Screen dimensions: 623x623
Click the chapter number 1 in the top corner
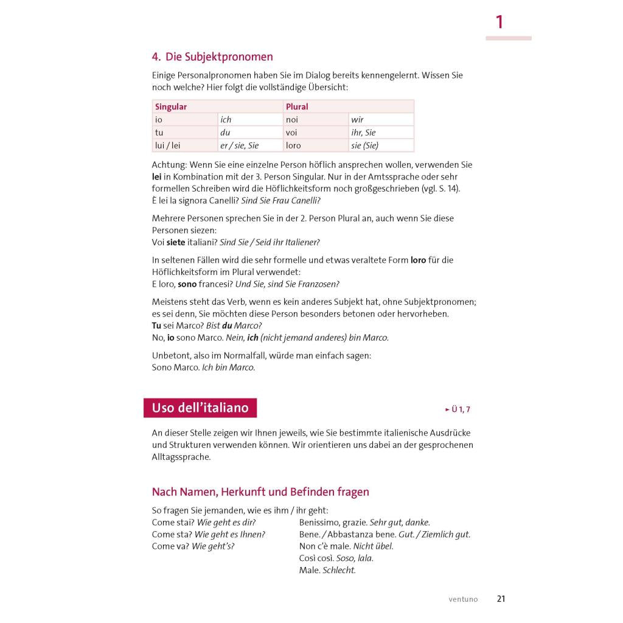(x=499, y=23)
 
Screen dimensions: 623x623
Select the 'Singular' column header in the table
(x=171, y=106)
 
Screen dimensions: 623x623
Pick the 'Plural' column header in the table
(x=297, y=106)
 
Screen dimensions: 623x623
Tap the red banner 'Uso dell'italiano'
(x=200, y=408)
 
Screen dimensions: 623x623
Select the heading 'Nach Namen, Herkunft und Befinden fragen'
(x=260, y=492)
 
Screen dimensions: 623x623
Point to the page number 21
(x=501, y=599)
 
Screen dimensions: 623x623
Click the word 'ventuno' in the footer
(x=464, y=599)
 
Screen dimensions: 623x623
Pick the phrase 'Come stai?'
(x=173, y=522)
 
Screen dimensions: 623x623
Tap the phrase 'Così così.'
(x=316, y=558)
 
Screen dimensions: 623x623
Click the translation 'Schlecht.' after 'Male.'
(x=339, y=570)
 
